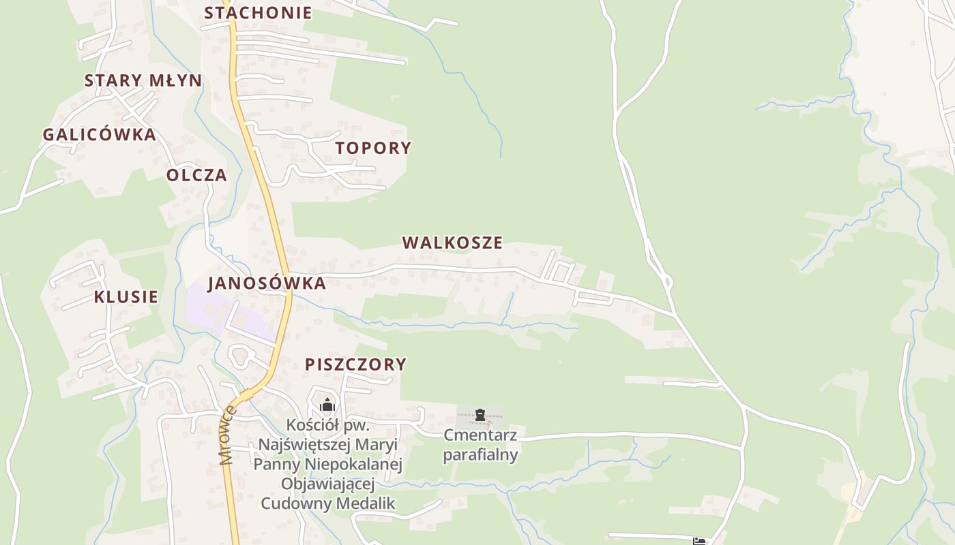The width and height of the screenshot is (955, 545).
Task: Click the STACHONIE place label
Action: click(258, 13)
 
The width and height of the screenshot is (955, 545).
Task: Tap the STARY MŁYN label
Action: click(143, 80)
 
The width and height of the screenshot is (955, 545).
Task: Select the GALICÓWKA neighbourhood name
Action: click(100, 134)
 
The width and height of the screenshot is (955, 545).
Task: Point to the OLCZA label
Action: click(196, 175)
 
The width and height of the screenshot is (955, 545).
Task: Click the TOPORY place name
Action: click(373, 148)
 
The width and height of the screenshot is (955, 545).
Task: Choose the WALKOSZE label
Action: click(452, 243)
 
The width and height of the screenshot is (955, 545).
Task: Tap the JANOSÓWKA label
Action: click(267, 283)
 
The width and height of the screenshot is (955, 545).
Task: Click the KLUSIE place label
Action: click(126, 297)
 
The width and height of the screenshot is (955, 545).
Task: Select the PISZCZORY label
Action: click(355, 364)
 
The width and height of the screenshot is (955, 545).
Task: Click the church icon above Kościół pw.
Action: click(327, 405)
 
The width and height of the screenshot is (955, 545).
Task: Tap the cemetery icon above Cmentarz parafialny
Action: click(480, 414)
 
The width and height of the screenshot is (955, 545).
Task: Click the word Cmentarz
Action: click(480, 435)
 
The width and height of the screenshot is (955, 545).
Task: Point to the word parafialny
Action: click(480, 454)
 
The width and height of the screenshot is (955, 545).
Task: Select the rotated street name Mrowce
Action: click(228, 435)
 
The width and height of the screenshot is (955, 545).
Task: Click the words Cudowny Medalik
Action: click(328, 504)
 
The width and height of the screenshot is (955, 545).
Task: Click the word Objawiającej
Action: click(328, 484)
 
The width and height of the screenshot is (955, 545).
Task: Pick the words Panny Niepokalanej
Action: click(328, 465)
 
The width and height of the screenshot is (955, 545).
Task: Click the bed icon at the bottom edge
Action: click(699, 542)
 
